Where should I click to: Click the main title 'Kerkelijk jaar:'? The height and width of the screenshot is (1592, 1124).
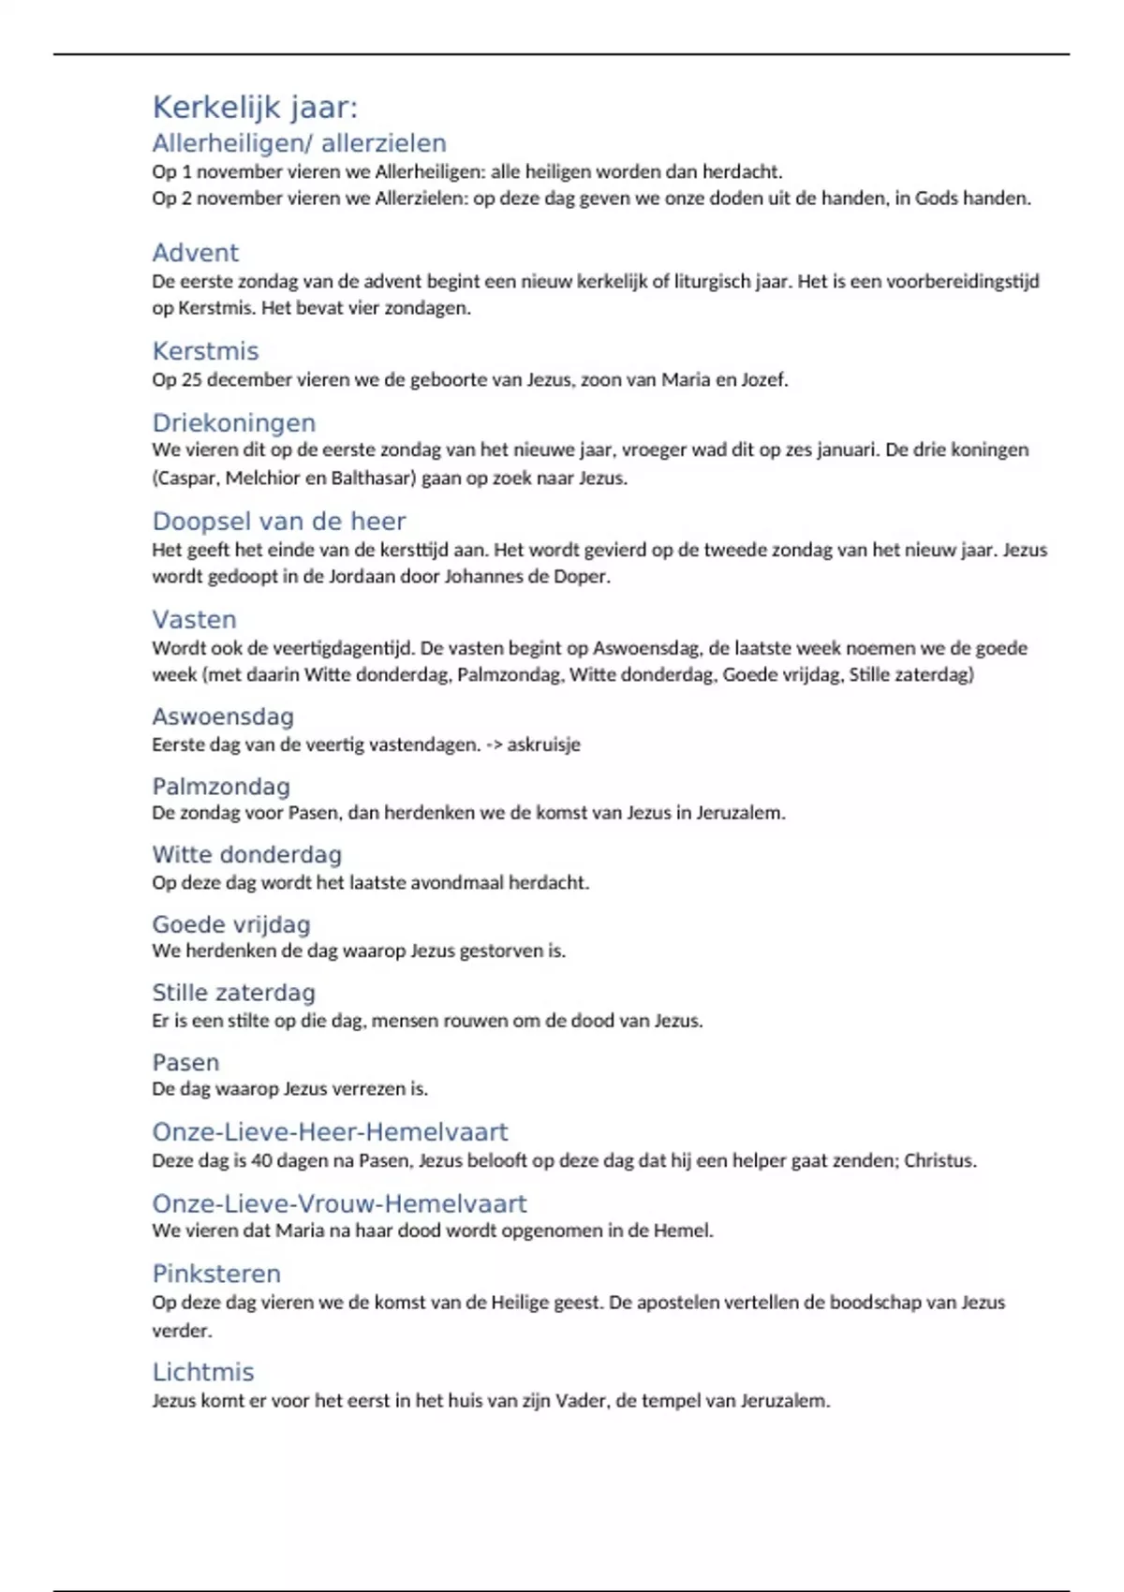pyautogui.click(x=255, y=108)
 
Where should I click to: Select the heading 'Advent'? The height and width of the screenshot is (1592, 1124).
pyautogui.click(x=195, y=253)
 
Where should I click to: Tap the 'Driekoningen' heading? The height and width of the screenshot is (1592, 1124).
pyautogui.click(x=233, y=422)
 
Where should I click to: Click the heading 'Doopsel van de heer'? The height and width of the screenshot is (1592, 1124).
pyautogui.click(x=278, y=521)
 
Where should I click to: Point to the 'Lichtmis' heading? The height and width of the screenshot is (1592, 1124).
pyautogui.click(x=202, y=1372)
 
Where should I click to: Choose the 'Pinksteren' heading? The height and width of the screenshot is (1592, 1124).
pyautogui.click(x=216, y=1274)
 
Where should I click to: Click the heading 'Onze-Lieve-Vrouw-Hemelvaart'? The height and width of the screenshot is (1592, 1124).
pyautogui.click(x=339, y=1203)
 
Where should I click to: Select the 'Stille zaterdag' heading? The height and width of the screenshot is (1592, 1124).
pyautogui.click(x=233, y=993)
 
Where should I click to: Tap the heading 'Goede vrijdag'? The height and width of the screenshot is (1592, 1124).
pyautogui.click(x=230, y=924)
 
